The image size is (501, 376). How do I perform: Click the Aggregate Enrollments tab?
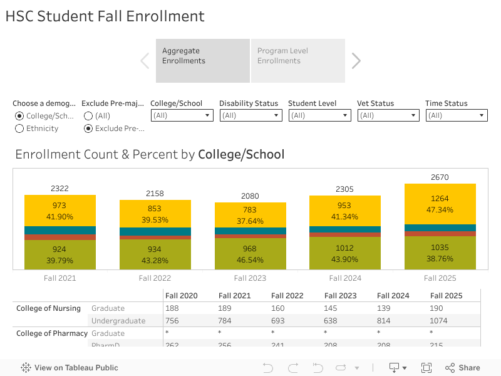[x=202, y=61]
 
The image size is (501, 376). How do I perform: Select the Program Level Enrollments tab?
[x=297, y=61]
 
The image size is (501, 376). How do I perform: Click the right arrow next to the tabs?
[x=356, y=61]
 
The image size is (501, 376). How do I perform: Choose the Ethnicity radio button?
[x=20, y=128]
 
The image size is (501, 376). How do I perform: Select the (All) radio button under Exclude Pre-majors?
[x=88, y=116]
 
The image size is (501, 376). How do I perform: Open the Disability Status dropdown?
[x=250, y=115]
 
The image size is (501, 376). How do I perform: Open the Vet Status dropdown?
[x=388, y=115]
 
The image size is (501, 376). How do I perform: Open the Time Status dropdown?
[x=457, y=115]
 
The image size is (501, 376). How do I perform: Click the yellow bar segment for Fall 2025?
[x=440, y=204]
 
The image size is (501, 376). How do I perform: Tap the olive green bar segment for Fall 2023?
[x=250, y=254]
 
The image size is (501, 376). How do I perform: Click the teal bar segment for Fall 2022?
[x=155, y=231]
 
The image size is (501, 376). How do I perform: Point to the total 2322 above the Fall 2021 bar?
[x=59, y=189]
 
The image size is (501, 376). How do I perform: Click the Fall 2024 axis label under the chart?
[x=344, y=278]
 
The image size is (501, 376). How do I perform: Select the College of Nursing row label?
[x=48, y=308]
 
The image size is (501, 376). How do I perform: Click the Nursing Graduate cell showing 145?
[x=331, y=308]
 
